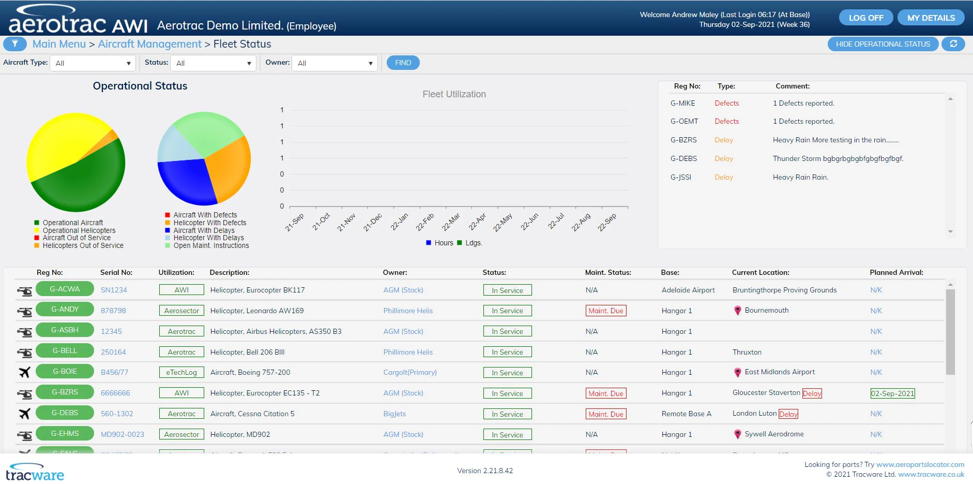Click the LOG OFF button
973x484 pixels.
click(x=866, y=18)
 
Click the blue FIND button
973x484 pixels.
click(x=403, y=63)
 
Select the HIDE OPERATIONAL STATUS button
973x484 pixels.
click(x=883, y=44)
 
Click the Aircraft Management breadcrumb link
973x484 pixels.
click(x=149, y=44)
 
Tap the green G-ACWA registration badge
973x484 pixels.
click(x=65, y=289)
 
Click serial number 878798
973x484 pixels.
click(x=113, y=311)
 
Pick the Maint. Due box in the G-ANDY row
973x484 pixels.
click(x=605, y=311)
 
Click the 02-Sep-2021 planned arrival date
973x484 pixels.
click(x=892, y=393)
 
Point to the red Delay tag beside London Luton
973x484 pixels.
click(x=788, y=414)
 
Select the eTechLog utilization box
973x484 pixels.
click(x=181, y=372)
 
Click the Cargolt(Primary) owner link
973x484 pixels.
click(x=409, y=372)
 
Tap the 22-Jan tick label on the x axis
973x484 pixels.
click(x=399, y=222)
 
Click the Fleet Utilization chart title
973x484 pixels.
click(x=454, y=94)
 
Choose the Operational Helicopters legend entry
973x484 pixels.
click(x=79, y=230)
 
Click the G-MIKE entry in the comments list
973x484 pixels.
click(x=682, y=103)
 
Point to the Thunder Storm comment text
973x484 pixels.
click(x=838, y=158)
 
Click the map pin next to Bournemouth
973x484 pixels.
click(x=737, y=311)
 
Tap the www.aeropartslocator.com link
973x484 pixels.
click(x=920, y=464)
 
